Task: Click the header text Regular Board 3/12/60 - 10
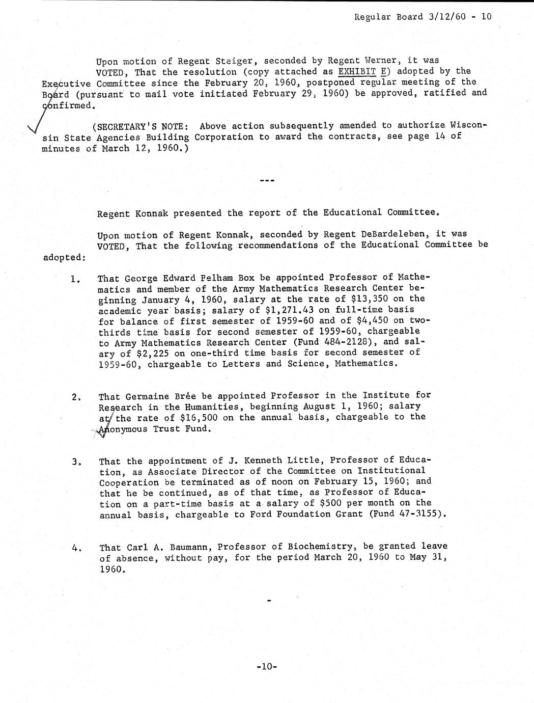coord(423,16)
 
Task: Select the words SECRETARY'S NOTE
coord(134,126)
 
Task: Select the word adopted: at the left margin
coord(64,257)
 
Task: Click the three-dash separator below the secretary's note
coord(267,180)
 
